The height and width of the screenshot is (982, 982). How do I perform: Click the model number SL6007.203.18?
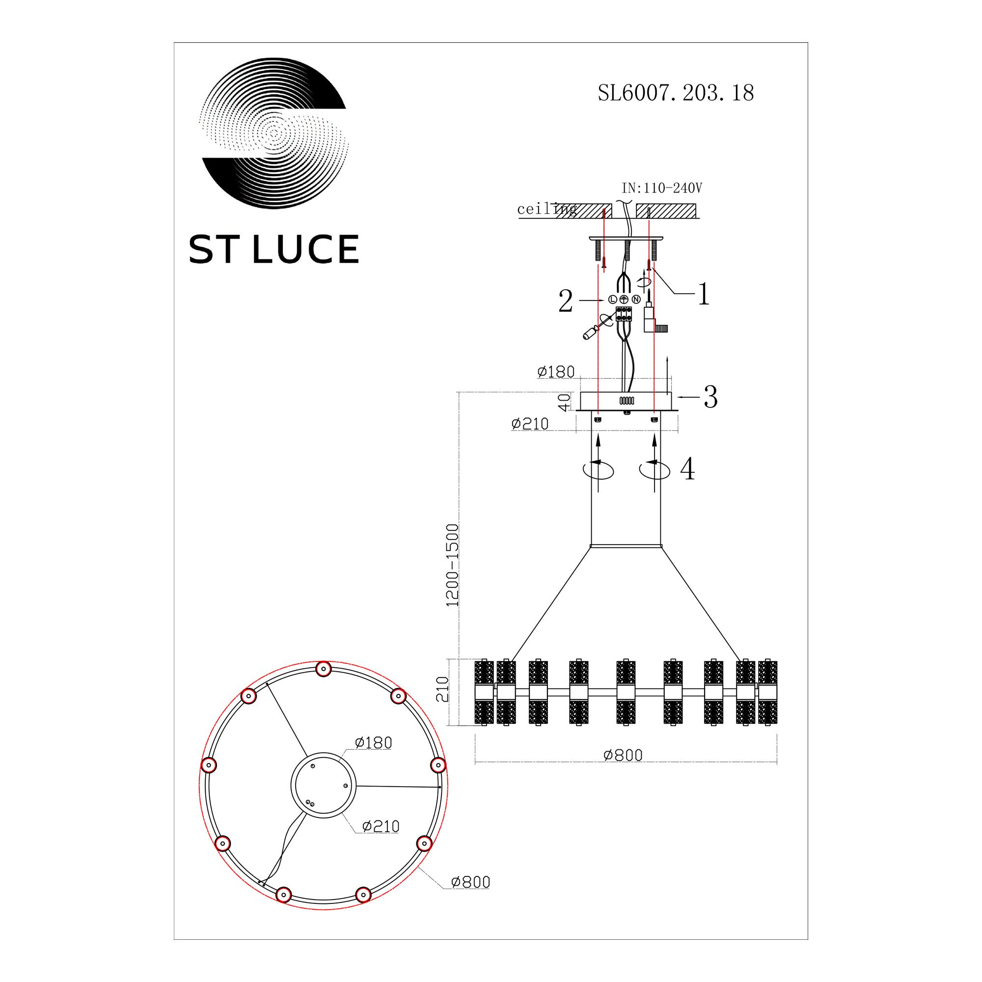[676, 93]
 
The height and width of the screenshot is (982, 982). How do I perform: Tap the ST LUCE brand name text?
[274, 249]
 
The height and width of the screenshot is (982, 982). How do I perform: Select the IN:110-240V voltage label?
[662, 189]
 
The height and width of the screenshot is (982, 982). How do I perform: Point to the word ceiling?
[547, 210]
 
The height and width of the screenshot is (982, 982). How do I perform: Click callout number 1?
[704, 294]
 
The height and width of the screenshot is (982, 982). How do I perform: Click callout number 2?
[566, 301]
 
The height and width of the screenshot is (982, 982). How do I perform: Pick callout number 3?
[710, 397]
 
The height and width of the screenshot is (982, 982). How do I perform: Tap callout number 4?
[687, 468]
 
